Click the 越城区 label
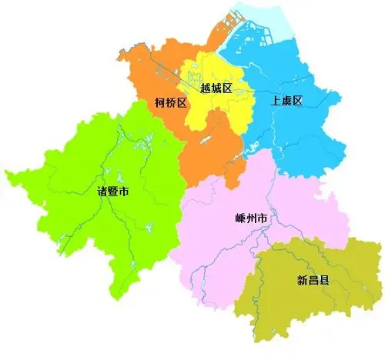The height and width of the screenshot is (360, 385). point(216,88)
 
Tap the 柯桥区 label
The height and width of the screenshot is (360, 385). point(171,102)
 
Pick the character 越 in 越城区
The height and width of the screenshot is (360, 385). point(205,88)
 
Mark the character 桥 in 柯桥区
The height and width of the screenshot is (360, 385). point(171,102)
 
